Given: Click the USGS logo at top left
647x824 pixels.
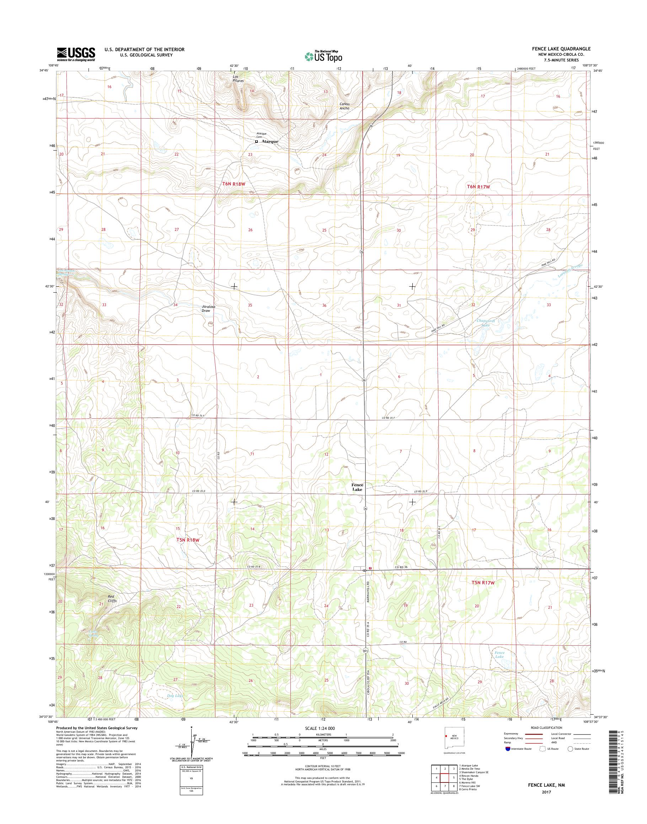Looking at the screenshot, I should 76,54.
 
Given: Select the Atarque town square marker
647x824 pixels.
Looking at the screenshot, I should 256,141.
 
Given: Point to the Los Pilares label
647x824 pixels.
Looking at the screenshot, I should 238,79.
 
